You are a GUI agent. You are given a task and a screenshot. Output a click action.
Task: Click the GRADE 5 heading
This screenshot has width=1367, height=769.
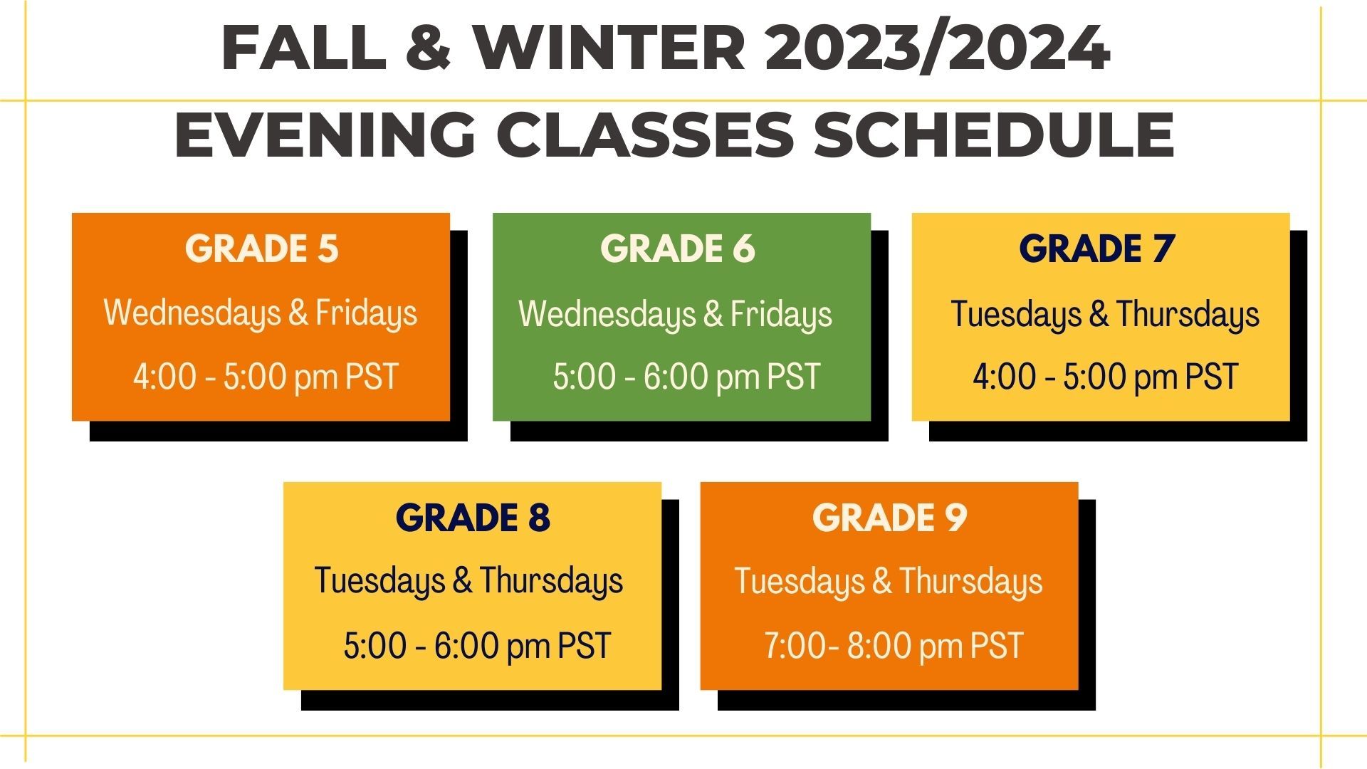coord(261,249)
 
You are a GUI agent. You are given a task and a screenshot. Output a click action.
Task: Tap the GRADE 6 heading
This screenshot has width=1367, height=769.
coord(677,249)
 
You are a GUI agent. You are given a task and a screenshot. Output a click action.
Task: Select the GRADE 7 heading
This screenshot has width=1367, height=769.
coord(1096,249)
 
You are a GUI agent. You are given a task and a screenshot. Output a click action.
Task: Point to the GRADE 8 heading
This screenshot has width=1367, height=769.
coord(473,518)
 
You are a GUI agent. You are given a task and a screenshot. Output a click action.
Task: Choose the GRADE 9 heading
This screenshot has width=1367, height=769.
coord(889,518)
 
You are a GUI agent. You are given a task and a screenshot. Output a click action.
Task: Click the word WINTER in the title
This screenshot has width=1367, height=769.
coord(609,48)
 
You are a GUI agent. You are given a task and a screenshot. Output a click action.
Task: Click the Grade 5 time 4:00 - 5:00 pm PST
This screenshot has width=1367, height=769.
coord(266,377)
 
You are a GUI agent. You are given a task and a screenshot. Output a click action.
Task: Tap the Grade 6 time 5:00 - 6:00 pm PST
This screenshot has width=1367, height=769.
coord(686,377)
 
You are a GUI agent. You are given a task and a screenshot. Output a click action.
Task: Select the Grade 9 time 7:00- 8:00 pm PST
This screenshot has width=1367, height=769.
coord(894,647)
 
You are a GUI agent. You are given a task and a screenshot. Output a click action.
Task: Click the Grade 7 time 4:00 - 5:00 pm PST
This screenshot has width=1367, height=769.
coord(1106,377)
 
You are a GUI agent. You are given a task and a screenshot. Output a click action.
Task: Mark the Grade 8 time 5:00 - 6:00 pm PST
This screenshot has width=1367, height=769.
coord(477,647)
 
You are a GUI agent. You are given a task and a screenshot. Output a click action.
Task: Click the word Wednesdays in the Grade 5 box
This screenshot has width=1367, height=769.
coord(192,314)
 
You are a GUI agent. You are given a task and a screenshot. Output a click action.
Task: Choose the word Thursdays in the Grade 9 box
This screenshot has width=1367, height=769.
coord(971,582)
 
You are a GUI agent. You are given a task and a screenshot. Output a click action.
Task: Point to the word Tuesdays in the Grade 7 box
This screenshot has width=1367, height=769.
coord(1016,315)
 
